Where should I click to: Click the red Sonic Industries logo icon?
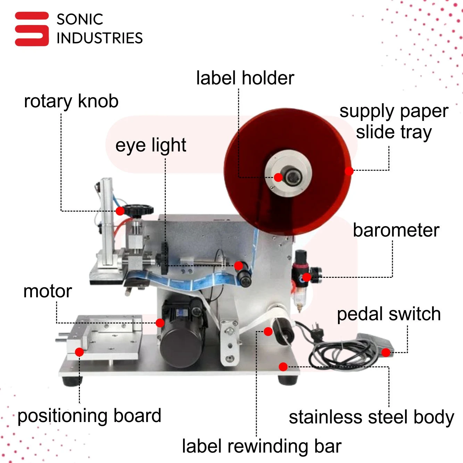click(x=32, y=29)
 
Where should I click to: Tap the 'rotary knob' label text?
click(x=71, y=101)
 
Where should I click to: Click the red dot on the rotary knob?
click(x=120, y=211)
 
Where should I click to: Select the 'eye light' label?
click(x=151, y=145)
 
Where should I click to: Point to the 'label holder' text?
click(x=245, y=78)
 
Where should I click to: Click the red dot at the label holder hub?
click(x=278, y=177)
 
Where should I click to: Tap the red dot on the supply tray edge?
click(x=349, y=171)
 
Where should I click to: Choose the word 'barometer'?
click(x=396, y=230)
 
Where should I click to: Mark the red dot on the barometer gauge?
click(x=306, y=277)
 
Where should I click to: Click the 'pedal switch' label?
click(x=389, y=314)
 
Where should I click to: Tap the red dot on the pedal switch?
click(x=386, y=353)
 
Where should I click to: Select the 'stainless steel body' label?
click(x=371, y=417)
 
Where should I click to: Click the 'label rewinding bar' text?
click(x=262, y=446)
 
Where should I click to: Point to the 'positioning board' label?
click(x=89, y=416)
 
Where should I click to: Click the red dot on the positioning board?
click(x=79, y=352)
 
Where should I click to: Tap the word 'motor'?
click(x=48, y=291)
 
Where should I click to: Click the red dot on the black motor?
click(x=160, y=323)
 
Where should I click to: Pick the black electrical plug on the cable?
click(x=317, y=332)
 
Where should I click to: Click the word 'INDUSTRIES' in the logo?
click(x=100, y=38)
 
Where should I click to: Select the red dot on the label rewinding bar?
click(x=268, y=331)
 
